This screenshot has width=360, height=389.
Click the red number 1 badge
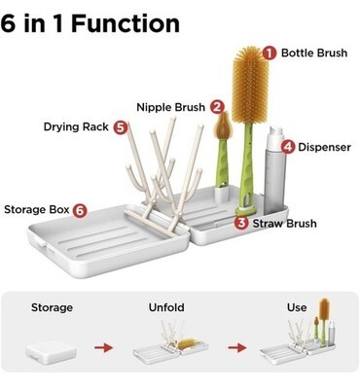pos(270,53)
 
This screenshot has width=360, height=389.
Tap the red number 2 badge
pos(217,107)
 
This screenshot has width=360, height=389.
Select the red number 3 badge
pos(241,223)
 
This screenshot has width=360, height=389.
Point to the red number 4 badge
pos(288,147)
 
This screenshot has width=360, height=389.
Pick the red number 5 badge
pos(121,127)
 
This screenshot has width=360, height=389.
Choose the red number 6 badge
pos(80,210)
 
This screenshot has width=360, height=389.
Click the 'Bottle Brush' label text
pos(314,53)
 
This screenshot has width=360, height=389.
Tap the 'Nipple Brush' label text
pos(170,107)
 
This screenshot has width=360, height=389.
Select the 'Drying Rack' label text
pos(76,126)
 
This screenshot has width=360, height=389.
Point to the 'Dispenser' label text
pos(324,147)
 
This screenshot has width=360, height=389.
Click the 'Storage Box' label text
pos(37,210)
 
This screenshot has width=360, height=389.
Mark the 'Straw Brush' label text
pos(285,224)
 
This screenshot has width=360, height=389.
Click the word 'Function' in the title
pos(126,23)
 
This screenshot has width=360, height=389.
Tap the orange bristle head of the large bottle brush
pos(250,85)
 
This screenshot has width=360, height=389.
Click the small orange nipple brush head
pos(223,125)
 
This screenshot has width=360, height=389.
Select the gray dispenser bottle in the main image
pos(275,171)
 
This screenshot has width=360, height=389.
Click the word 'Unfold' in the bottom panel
pos(166,307)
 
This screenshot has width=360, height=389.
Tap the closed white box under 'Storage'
pos(52,351)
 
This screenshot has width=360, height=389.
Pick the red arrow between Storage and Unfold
pos(104,348)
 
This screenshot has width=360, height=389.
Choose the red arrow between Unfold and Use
pos(237,348)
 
